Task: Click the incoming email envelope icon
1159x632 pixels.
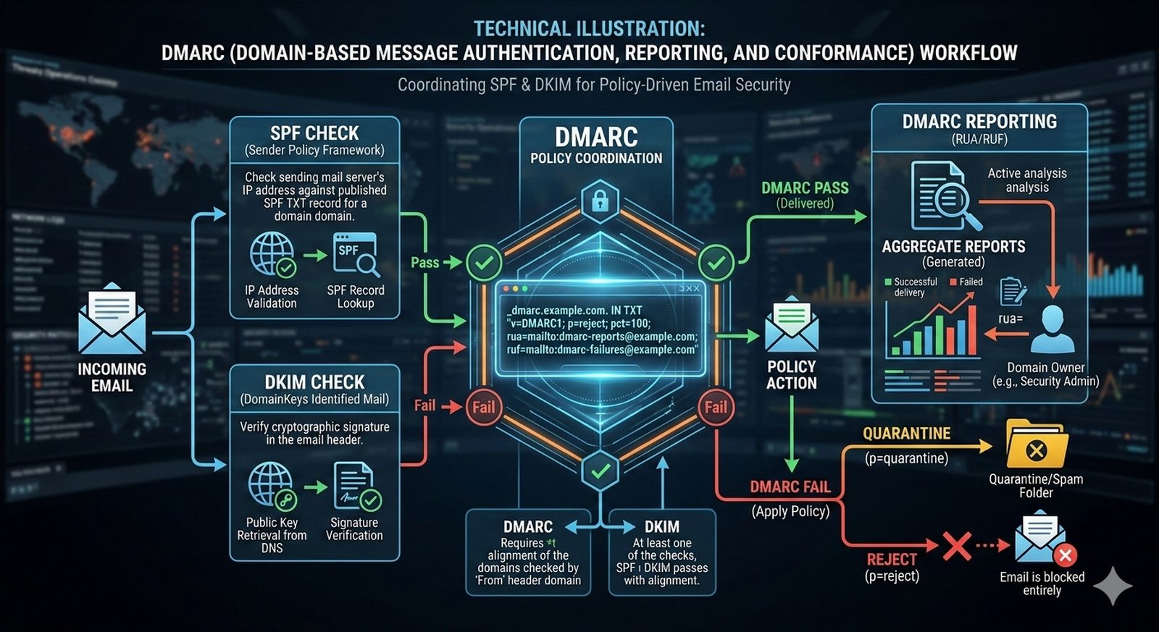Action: point(112,319)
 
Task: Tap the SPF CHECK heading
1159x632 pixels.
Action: point(314,133)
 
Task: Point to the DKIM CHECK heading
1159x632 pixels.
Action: point(314,382)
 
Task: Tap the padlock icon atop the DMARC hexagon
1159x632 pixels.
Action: point(600,200)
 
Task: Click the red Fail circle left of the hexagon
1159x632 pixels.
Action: point(483,407)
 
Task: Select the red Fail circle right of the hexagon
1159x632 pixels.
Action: point(716,407)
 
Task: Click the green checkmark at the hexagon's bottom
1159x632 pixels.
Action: point(600,471)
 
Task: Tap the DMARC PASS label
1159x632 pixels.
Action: point(805,188)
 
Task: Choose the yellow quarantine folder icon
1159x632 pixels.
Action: point(1036,444)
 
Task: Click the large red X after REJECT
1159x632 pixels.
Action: point(956,546)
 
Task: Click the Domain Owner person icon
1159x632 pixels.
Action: point(1052,329)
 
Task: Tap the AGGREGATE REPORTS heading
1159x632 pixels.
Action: point(953,247)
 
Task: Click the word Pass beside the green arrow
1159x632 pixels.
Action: point(424,263)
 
